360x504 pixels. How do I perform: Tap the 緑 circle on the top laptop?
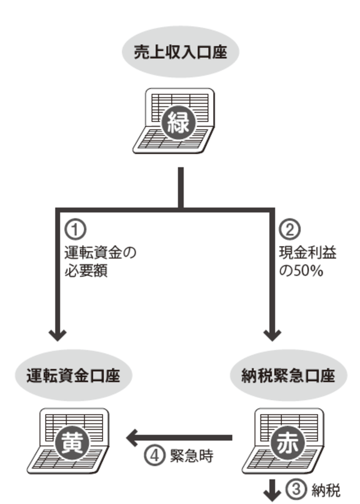[x=178, y=124]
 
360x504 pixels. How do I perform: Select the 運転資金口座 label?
[x=74, y=377]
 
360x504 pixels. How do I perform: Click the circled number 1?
[x=73, y=230]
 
